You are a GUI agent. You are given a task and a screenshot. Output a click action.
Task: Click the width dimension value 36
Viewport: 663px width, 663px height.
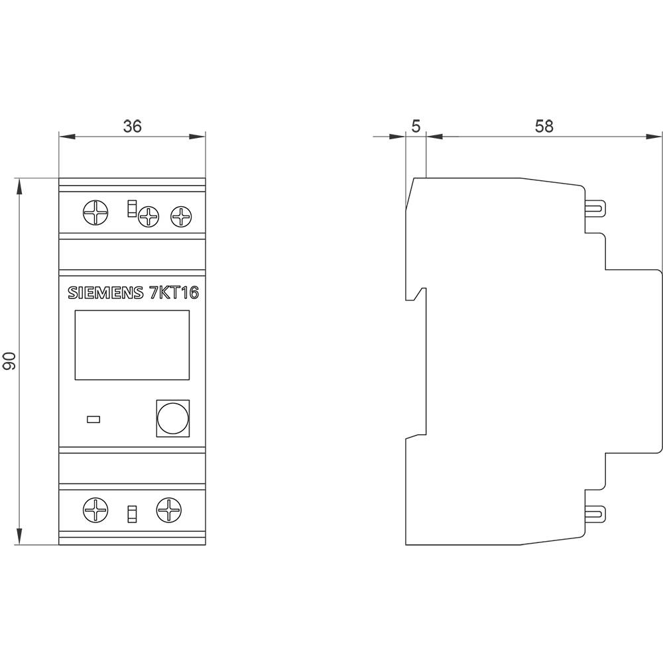133,126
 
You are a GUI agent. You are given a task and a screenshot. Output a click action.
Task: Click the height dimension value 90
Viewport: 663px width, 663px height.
10,361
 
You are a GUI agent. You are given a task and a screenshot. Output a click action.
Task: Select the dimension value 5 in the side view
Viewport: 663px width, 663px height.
416,126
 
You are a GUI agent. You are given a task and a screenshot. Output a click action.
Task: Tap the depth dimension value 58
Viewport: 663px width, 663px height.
544,126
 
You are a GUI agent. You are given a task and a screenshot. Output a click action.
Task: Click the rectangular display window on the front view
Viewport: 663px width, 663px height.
132,345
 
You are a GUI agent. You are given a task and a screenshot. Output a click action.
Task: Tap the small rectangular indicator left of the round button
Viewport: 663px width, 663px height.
93,419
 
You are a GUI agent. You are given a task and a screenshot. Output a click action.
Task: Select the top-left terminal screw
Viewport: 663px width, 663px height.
94,213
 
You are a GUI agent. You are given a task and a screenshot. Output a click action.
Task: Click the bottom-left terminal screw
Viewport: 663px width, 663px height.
94,510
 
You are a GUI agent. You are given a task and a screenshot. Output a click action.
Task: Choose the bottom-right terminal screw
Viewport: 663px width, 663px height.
168,510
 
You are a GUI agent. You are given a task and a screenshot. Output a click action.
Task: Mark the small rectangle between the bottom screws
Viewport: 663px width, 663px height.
132,513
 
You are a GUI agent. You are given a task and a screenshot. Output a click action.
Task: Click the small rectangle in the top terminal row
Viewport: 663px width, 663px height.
131,208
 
